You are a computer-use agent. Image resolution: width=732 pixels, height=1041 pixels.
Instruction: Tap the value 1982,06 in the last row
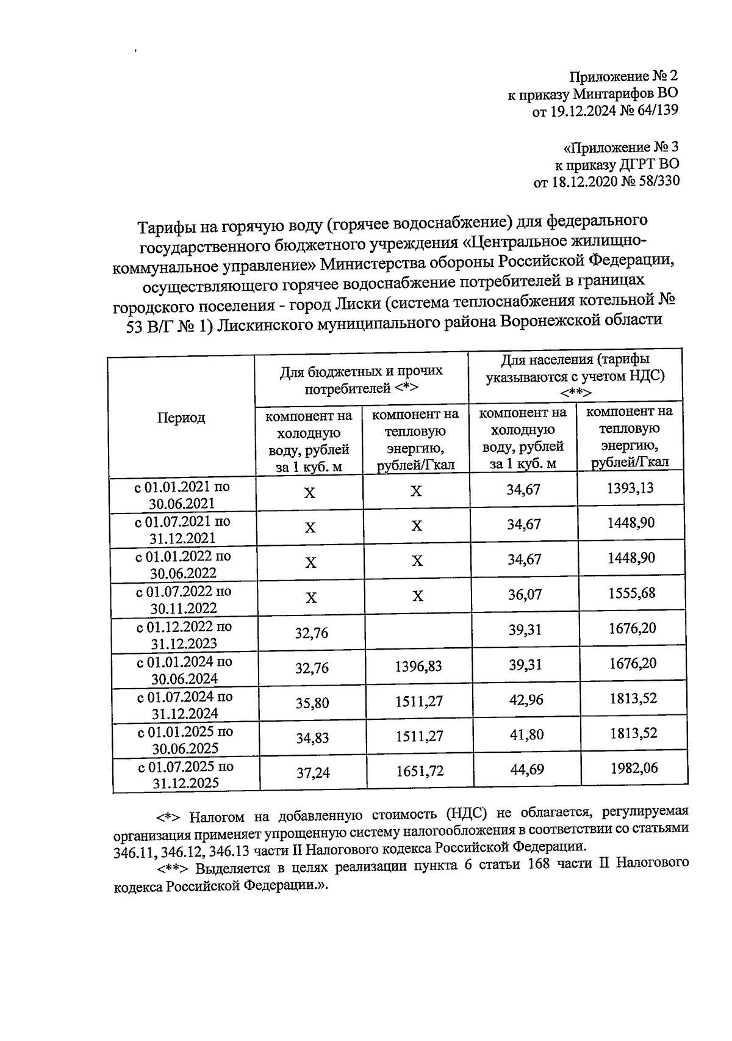[633, 768]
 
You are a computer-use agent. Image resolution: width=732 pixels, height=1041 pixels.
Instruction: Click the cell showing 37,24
[313, 773]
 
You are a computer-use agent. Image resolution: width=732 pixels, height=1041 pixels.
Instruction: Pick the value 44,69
[526, 769]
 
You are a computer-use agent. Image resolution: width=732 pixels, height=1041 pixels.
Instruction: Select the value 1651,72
[419, 771]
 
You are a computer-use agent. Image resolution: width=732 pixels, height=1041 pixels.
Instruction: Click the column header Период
[181, 418]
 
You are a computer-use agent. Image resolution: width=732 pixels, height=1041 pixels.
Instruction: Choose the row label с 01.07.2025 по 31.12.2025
[185, 775]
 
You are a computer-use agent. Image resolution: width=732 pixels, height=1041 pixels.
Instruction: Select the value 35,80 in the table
[312, 703]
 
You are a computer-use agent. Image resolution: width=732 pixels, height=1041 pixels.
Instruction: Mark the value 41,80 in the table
[526, 735]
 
